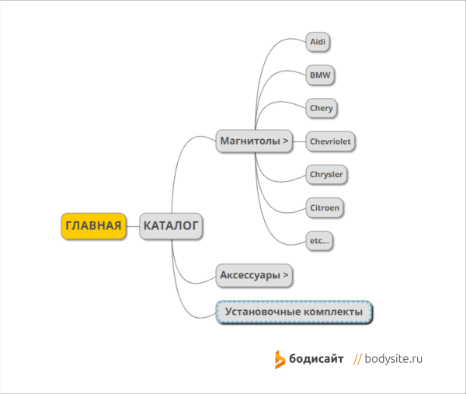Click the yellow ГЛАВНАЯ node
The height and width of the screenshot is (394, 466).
tap(93, 226)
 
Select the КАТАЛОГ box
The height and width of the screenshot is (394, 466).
tap(171, 226)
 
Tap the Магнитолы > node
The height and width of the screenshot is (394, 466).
tap(255, 141)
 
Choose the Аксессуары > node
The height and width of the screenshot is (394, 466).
tap(255, 274)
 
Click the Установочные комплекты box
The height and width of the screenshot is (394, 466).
tap(294, 312)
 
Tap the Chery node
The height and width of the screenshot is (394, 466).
tap(321, 108)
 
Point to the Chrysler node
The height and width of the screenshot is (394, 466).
tap(325, 174)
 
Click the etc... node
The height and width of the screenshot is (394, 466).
tap(319, 241)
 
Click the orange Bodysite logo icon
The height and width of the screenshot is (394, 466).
tap(280, 359)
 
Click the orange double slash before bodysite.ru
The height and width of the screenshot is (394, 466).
tap(358, 359)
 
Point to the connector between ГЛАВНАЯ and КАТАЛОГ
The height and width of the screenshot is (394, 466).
tap(133, 226)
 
